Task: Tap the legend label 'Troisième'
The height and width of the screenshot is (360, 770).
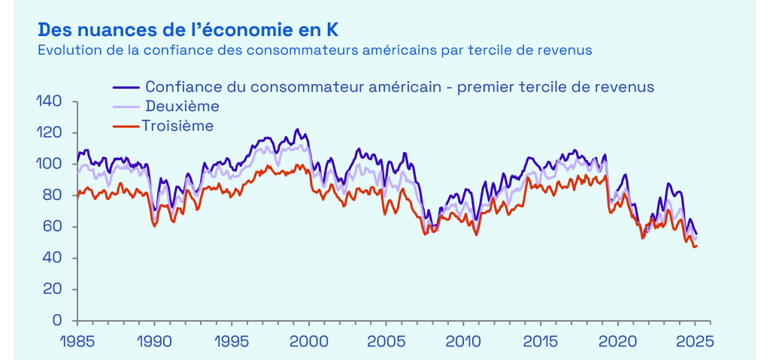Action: point(177,126)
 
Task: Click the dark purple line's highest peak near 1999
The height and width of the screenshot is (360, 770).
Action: point(296,129)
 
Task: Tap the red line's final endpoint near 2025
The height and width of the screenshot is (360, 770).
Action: point(696,246)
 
